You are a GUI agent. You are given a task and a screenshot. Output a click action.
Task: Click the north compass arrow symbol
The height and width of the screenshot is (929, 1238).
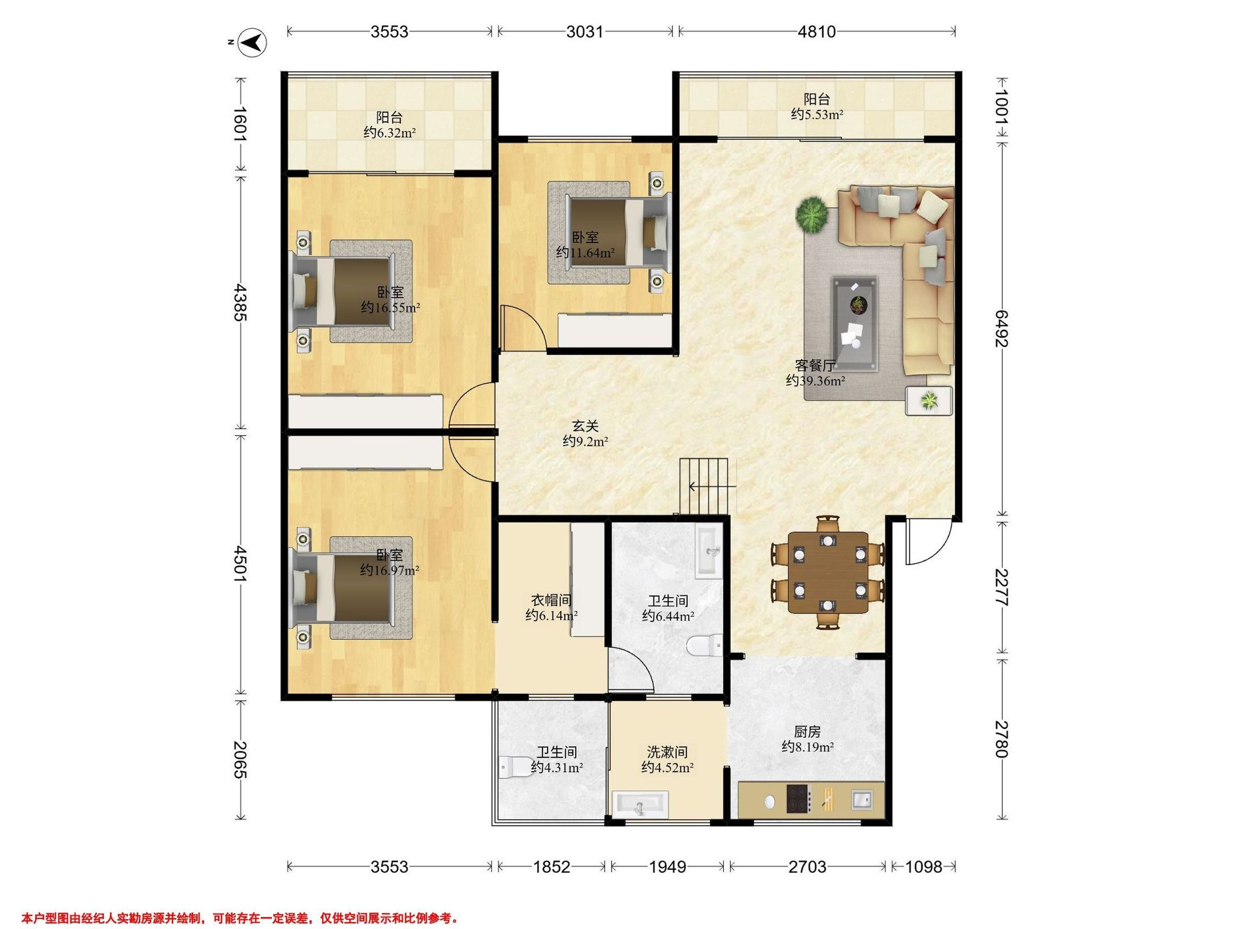(x=252, y=42)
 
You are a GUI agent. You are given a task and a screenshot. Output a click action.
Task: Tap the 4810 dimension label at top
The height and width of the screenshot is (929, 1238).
(x=817, y=32)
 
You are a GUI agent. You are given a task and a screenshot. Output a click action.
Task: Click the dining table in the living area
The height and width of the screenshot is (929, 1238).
(x=828, y=572)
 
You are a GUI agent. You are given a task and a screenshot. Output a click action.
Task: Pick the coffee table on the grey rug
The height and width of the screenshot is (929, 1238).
(x=854, y=323)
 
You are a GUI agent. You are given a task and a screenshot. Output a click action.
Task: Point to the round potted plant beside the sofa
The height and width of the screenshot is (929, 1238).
(x=812, y=215)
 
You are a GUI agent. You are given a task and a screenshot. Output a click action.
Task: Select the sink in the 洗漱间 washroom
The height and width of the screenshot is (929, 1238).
(x=640, y=805)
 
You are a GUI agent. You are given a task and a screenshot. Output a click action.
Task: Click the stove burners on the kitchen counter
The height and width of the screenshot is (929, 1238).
(x=798, y=799)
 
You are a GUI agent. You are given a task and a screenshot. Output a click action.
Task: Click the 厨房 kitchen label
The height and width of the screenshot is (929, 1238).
(x=808, y=731)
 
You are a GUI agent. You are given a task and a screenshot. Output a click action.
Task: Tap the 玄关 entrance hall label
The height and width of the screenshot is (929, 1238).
(x=585, y=426)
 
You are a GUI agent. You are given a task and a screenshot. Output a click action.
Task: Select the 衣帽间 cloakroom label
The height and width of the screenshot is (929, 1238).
(x=551, y=600)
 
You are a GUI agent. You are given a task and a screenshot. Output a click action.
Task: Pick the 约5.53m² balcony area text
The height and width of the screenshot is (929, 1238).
(x=817, y=115)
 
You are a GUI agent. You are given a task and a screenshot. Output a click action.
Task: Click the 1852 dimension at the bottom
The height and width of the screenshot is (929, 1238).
(x=551, y=867)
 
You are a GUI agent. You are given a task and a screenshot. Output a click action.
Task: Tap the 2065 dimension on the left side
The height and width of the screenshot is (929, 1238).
(x=241, y=760)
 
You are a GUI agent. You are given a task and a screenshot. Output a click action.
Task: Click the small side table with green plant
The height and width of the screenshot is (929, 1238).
(x=929, y=401)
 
